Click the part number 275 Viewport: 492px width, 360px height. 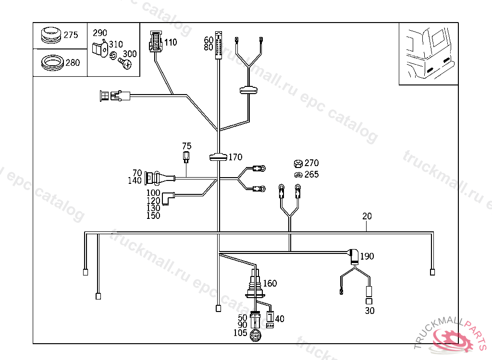[x=71, y=35]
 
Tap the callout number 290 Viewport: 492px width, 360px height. [x=99, y=33]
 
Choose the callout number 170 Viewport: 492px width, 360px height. [x=235, y=157]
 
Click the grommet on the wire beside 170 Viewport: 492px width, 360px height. [x=219, y=156]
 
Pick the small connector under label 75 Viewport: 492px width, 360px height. [x=186, y=156]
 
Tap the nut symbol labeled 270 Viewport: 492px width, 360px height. [x=298, y=163]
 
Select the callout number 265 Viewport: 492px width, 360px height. [x=311, y=175]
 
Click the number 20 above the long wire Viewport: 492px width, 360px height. [x=367, y=216]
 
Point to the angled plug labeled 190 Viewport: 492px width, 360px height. [x=354, y=256]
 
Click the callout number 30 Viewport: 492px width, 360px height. [x=369, y=311]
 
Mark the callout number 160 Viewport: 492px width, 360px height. [x=270, y=284]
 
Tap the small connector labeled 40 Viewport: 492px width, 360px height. [x=270, y=318]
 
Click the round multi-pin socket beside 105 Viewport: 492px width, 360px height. [x=255, y=335]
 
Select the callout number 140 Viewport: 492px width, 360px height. [x=135, y=181]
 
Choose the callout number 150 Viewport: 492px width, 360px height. [x=153, y=216]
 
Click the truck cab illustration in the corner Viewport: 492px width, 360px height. [x=428, y=54]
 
